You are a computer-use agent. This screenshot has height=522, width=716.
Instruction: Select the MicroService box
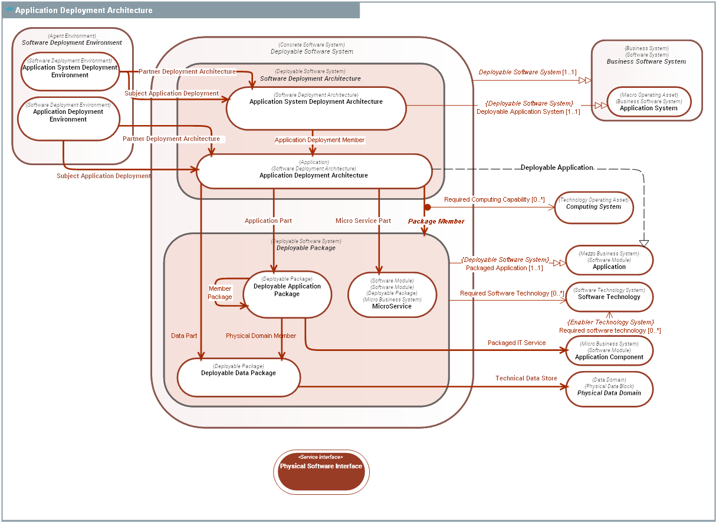pos(392,294)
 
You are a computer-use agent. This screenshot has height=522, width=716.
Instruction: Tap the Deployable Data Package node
pos(238,377)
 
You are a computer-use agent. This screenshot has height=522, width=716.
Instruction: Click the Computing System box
pos(593,208)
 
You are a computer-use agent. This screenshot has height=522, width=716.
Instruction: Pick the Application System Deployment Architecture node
pos(316,108)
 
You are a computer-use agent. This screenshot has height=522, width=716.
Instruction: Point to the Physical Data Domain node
pos(609,389)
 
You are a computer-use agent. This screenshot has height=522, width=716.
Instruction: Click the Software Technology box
pos(609,297)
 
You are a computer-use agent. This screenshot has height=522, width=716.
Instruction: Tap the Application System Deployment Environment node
pos(70,71)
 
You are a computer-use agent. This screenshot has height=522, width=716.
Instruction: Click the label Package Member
pos(436,221)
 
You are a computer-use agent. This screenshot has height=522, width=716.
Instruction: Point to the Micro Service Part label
pos(363,221)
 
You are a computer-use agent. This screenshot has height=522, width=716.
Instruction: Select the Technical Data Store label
pos(526,378)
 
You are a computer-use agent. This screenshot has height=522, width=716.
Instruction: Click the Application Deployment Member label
pos(320,140)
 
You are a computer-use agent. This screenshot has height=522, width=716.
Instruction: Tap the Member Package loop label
pos(220,293)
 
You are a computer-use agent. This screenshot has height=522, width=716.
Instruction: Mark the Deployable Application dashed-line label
pos(556,168)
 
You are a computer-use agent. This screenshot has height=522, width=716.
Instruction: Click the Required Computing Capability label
pos(494,199)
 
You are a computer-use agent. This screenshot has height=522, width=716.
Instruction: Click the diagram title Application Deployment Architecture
pos(84,10)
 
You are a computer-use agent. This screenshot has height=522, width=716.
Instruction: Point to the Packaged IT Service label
pos(517,343)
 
